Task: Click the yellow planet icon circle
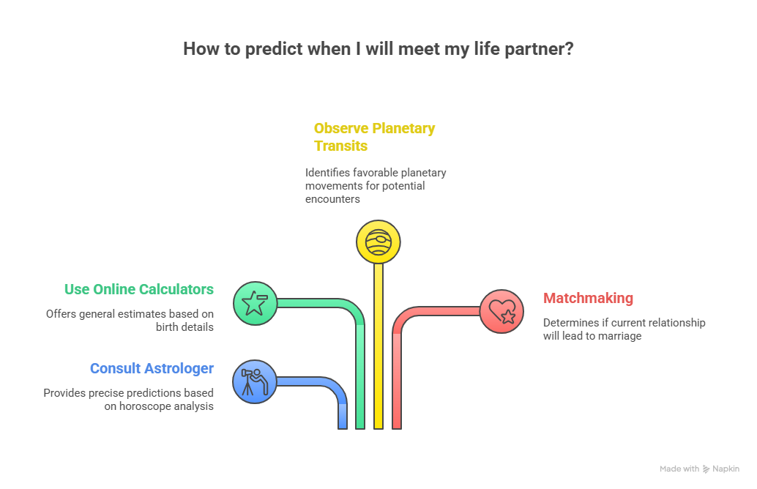click(378, 242)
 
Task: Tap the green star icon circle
click(255, 303)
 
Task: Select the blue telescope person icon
click(255, 381)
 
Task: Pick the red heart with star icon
click(501, 311)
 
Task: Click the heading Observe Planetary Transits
click(375, 137)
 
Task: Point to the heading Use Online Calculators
click(139, 289)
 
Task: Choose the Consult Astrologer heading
click(152, 368)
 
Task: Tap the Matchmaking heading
click(588, 299)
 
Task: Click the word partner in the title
click(539, 49)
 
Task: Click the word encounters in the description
click(332, 199)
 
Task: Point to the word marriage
click(620, 336)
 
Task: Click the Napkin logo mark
click(706, 469)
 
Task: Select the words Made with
click(679, 469)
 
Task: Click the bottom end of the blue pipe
click(343, 428)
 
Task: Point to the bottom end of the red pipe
click(397, 428)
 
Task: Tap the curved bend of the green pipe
click(355, 310)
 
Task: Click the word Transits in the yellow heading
click(341, 146)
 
